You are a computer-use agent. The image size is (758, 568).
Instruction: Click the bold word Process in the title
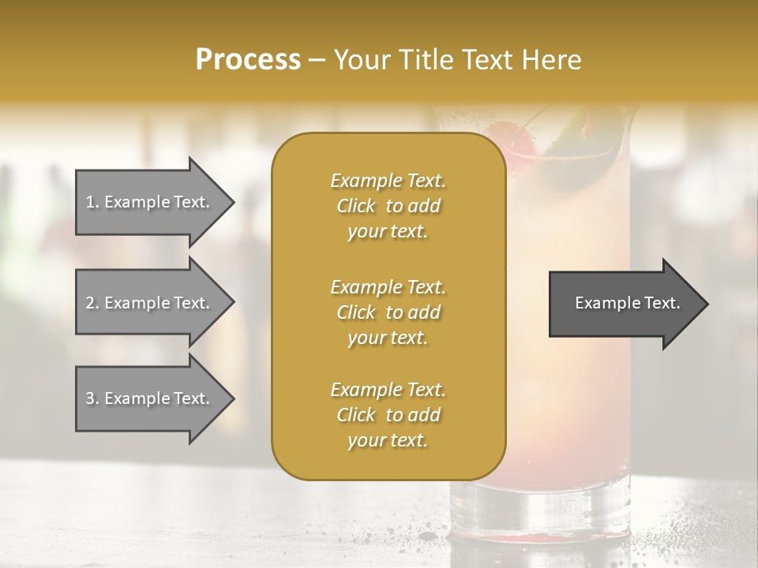coord(248,60)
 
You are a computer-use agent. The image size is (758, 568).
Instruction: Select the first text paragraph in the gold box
coord(388,206)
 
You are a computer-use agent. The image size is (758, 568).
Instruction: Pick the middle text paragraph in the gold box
coord(388,312)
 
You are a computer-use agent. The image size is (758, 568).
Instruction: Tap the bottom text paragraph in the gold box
coord(388,415)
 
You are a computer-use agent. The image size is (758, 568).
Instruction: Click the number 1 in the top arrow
coord(90,202)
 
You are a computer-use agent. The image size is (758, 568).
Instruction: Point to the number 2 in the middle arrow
coord(90,303)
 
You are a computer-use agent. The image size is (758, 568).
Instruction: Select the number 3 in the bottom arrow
coord(90,398)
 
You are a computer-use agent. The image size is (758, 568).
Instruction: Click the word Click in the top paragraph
coord(356,206)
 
